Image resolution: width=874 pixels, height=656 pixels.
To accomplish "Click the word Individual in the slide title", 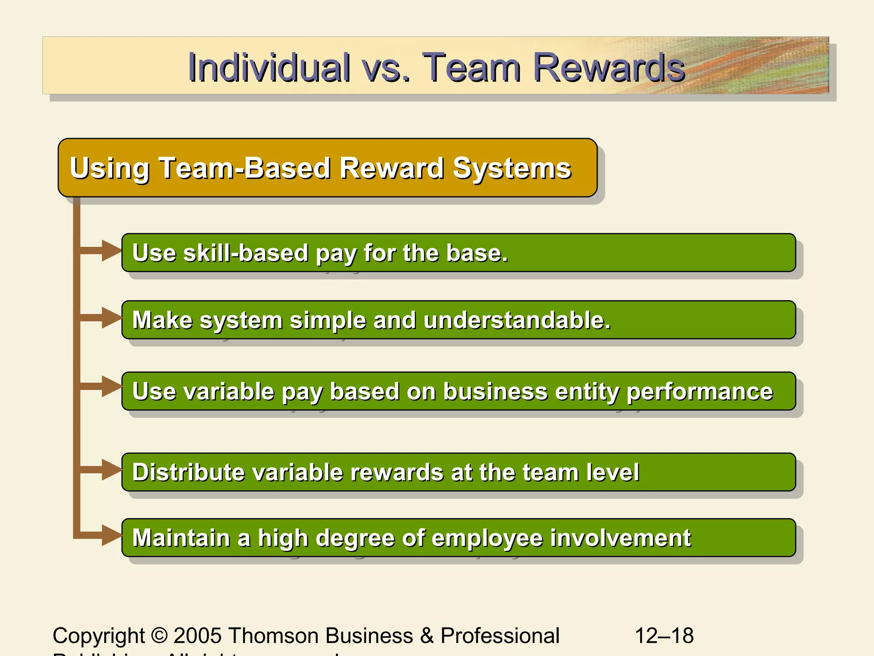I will [x=269, y=67].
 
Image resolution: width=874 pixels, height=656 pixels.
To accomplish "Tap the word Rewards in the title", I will [x=609, y=67].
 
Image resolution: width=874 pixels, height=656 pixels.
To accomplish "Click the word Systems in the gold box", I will [x=512, y=168].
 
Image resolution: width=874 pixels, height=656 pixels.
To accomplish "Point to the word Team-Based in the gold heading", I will [x=245, y=168].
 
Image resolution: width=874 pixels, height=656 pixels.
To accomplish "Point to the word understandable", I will [x=517, y=320].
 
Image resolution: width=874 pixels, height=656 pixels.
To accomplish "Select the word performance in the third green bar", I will [x=699, y=392].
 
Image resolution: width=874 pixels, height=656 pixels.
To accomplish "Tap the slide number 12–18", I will [x=664, y=635].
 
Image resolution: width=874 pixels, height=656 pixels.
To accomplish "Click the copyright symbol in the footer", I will [x=159, y=635].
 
